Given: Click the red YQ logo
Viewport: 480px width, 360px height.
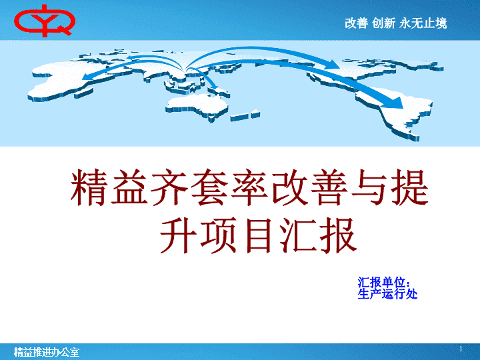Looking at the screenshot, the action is pos(45,21).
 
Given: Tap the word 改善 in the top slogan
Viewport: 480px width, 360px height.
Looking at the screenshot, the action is pos(356,23).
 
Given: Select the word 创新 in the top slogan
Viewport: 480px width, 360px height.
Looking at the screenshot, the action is pos(383,23).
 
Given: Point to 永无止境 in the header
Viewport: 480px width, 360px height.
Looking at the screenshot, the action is pos(423,23).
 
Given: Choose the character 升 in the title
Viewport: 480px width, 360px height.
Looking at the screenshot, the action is pos(178,235).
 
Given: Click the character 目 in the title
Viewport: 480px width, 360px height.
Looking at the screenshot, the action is pos(259,235).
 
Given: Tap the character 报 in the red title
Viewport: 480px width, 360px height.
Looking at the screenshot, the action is pos(339,235).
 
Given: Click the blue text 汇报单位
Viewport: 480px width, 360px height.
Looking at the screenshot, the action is pos(383,282).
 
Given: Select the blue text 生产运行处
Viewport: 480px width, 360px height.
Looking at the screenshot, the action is pos(387,294).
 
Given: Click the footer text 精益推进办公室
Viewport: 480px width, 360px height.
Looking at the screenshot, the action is pos(47,352).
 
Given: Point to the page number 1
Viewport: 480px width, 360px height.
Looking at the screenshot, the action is pos(461,349).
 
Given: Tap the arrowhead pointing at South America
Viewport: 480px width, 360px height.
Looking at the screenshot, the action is pos(395,103).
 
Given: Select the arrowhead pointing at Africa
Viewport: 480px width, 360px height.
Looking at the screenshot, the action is pos(87,76).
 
